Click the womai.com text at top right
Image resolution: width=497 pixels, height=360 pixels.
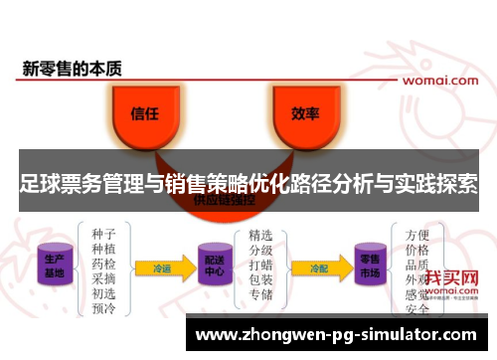point(437,78)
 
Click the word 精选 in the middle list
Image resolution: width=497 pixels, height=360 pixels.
point(260,236)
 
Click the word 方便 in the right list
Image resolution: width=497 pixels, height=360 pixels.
point(418,236)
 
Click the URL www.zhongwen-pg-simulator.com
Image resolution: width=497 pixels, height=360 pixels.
point(337,335)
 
